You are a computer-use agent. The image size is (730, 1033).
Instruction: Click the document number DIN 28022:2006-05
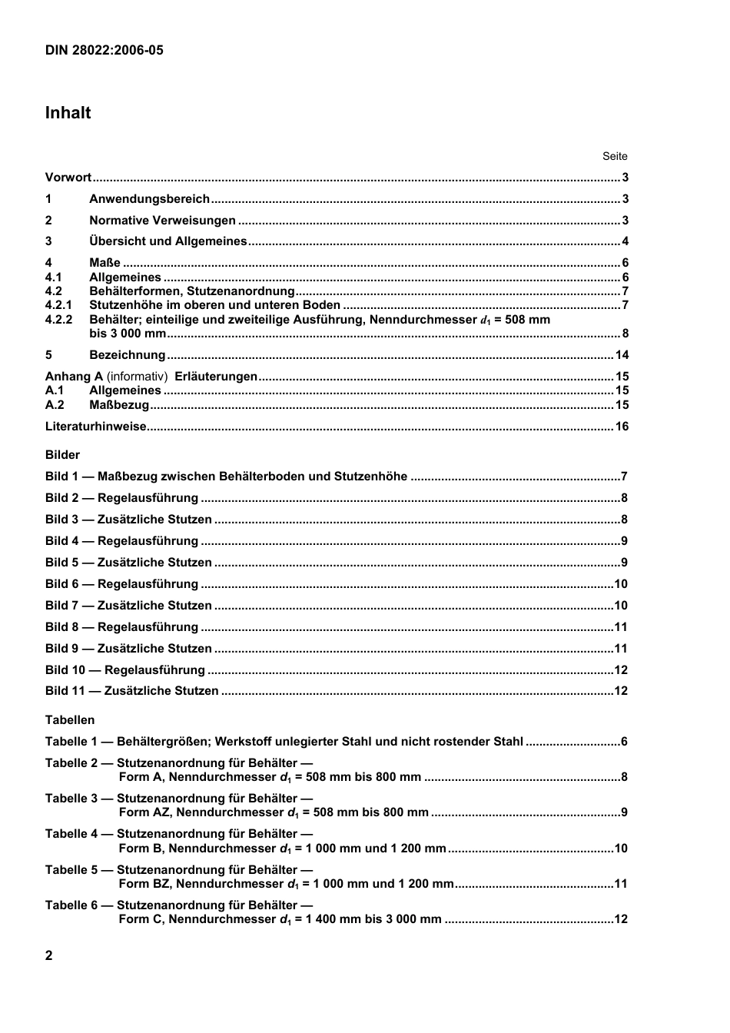(x=105, y=51)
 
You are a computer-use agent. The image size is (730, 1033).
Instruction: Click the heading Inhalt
(x=68, y=113)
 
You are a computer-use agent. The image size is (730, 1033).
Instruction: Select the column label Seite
(x=615, y=156)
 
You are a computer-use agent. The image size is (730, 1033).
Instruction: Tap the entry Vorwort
(x=68, y=178)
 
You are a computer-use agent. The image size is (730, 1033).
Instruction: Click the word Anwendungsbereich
(x=149, y=199)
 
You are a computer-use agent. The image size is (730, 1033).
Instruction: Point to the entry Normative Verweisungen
(x=162, y=221)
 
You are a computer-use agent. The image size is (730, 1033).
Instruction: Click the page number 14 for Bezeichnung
(x=622, y=355)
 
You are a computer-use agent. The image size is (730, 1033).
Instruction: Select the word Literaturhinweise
(x=95, y=427)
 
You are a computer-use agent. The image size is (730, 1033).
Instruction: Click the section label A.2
(x=55, y=405)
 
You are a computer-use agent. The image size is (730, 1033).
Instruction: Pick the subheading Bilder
(x=62, y=455)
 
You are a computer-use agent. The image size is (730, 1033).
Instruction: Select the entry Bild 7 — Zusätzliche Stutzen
(x=128, y=606)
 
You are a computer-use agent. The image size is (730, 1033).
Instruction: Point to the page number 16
(x=622, y=427)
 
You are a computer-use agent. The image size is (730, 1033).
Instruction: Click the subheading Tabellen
(x=70, y=720)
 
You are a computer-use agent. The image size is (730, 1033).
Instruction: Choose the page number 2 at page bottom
(x=49, y=955)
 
